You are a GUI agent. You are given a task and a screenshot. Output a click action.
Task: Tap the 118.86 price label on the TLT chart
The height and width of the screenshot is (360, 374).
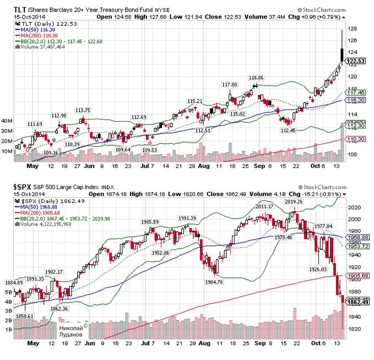pyautogui.click(x=257, y=78)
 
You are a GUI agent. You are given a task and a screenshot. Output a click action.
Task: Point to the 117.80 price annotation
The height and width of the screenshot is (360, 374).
pyautogui.click(x=229, y=84)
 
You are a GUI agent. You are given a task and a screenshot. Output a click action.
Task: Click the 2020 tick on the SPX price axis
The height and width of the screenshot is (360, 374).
pyautogui.click(x=354, y=208)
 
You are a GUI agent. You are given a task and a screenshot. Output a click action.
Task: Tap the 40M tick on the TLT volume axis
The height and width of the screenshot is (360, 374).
pyautogui.click(x=8, y=121)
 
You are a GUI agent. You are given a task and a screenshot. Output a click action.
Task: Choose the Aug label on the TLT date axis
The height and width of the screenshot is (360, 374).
pyautogui.click(x=204, y=165)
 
